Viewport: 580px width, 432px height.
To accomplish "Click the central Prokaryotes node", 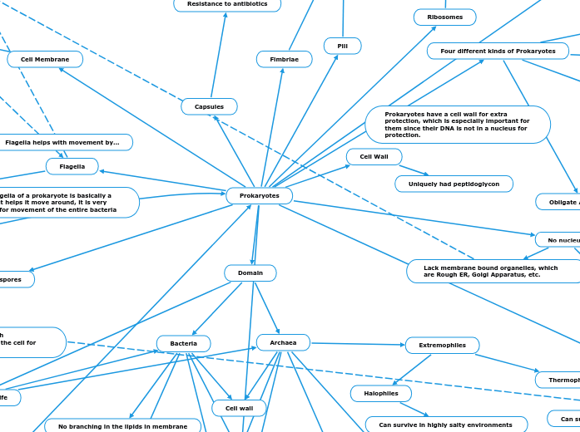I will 259,196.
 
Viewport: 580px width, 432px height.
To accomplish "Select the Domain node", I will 250,272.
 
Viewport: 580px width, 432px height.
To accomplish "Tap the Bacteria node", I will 183,343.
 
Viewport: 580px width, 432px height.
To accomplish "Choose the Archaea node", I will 283,342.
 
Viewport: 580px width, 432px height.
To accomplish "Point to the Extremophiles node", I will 442,345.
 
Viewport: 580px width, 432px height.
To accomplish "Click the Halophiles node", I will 380,393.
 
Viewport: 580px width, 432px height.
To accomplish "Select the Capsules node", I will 209,106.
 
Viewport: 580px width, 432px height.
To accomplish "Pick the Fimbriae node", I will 284,59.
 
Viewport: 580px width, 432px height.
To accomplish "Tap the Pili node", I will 342,46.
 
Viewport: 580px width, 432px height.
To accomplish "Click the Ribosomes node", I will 444,17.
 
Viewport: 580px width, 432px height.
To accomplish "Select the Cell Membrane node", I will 45,59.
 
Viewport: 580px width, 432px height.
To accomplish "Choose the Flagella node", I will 72,166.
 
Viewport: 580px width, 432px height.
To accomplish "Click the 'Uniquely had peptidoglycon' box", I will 454,183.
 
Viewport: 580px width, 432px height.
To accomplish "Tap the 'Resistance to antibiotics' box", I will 227,4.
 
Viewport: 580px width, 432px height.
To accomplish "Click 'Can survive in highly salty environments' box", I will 446,425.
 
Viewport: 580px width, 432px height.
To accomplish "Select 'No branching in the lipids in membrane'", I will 122,426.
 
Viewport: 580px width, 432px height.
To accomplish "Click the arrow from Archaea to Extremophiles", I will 358,343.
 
